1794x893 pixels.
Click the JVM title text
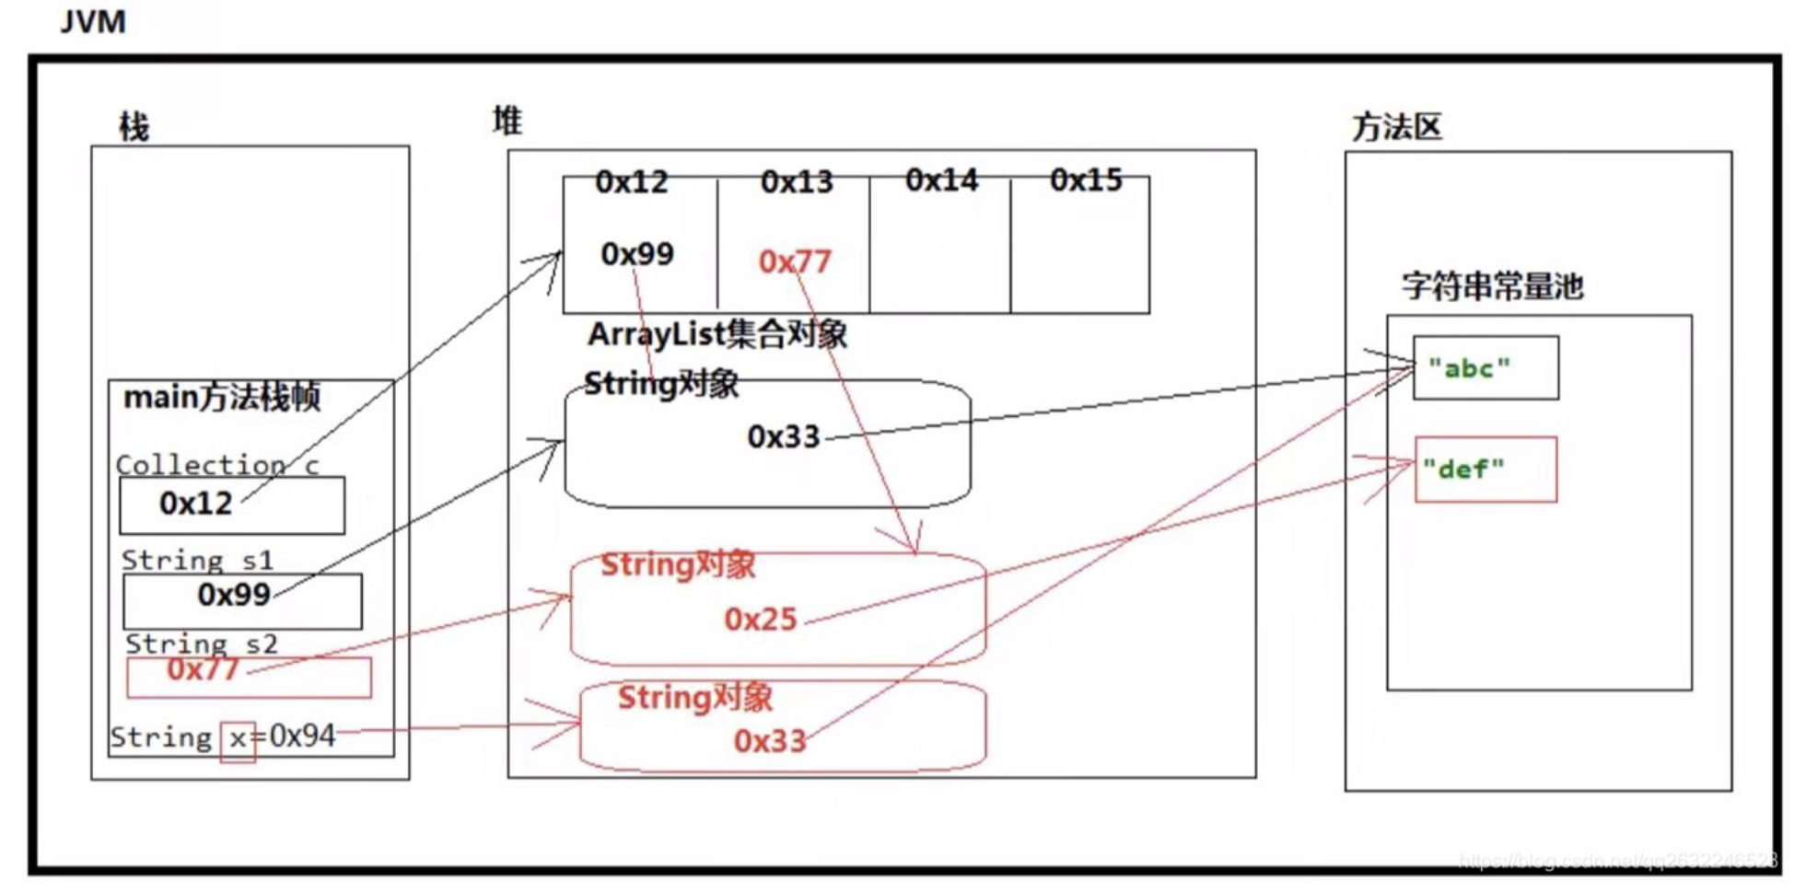click(93, 21)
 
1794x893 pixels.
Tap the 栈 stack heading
click(134, 127)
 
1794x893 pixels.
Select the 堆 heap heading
click(507, 121)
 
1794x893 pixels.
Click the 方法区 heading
click(1396, 127)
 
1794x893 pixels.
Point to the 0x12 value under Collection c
click(196, 504)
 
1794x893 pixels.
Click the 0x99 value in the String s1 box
click(234, 595)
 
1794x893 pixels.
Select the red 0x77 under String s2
click(203, 669)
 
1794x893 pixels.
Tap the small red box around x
click(238, 740)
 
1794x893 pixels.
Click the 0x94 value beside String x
click(302, 736)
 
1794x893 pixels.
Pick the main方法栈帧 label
click(222, 398)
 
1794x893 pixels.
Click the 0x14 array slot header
click(941, 180)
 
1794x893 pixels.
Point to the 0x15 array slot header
click(1086, 180)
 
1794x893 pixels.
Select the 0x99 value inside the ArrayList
click(637, 254)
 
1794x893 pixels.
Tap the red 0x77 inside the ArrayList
click(795, 262)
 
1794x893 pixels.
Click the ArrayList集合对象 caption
click(717, 334)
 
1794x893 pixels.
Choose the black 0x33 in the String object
click(783, 436)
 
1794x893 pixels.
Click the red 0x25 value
click(760, 620)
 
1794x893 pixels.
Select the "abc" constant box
click(1485, 368)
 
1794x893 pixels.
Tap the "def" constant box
click(1485, 470)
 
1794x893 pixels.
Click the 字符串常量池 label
click(1492, 287)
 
